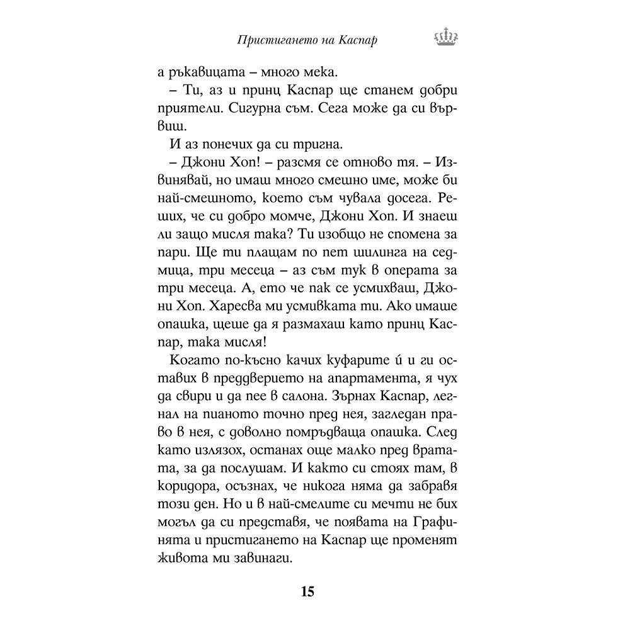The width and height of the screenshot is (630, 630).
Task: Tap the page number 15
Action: coord(307,592)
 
